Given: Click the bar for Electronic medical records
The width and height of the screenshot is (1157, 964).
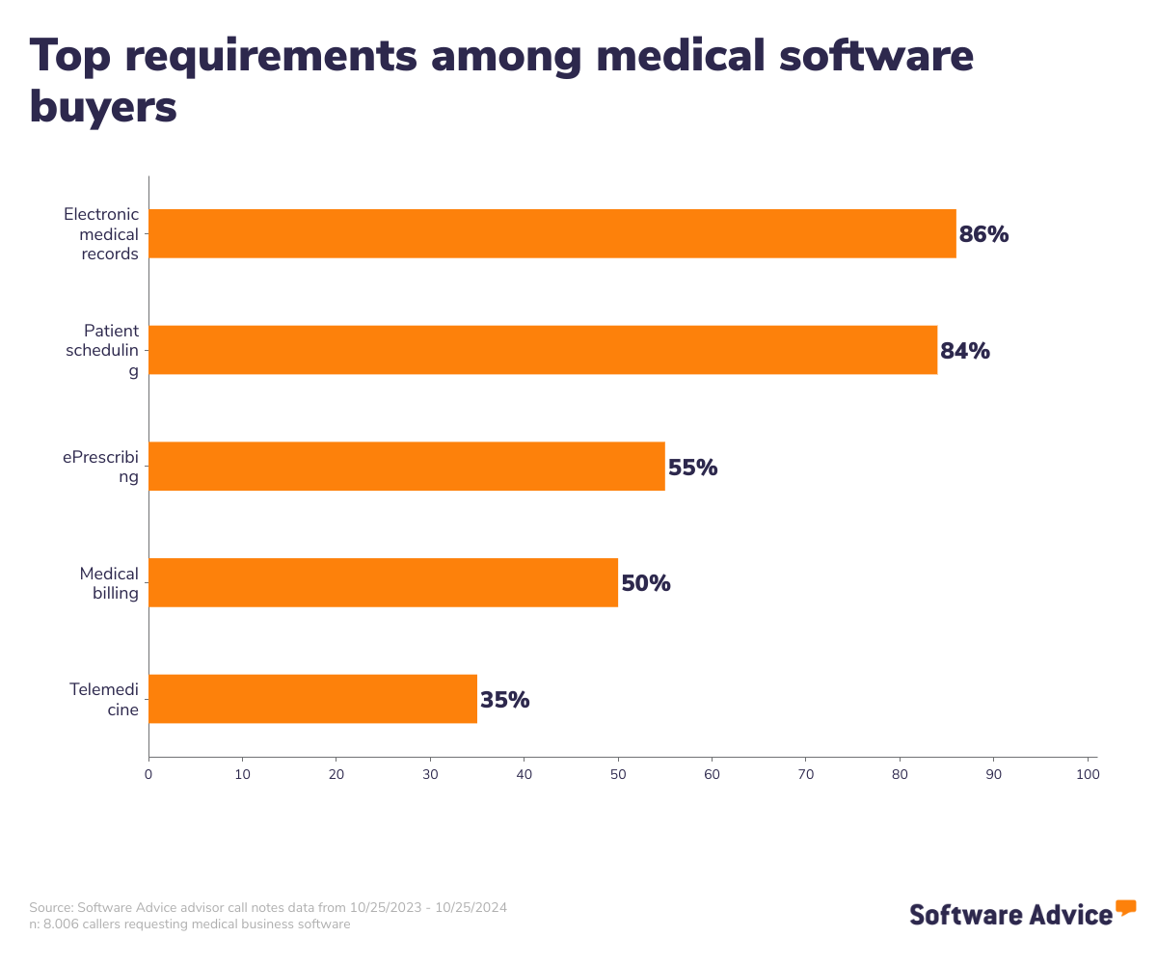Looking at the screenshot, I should tap(552, 233).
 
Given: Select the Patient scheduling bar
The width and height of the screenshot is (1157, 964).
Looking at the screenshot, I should tap(543, 350).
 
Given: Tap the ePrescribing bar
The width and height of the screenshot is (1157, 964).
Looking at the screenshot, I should tap(407, 467).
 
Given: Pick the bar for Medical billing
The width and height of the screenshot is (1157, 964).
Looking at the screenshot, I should tap(383, 582).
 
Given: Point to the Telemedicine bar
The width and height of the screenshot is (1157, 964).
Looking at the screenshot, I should tap(312, 699).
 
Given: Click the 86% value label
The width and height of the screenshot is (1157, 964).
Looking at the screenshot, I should tap(983, 234).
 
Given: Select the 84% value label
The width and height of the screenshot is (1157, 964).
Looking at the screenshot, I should tap(965, 351).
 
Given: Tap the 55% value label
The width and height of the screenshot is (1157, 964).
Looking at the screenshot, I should tap(692, 468).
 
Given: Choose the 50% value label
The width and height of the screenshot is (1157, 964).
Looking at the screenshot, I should tap(645, 583).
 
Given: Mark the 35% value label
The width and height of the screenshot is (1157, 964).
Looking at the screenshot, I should tap(504, 700).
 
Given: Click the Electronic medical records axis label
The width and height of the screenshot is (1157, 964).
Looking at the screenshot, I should tap(101, 234).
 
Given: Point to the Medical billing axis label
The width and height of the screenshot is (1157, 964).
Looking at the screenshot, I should tap(109, 583).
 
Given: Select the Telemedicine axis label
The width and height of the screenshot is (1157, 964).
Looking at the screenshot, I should tap(104, 700).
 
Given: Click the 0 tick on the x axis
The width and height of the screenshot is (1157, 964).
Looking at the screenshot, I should tap(148, 774).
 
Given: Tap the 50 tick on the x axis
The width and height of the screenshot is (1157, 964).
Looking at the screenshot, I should tap(618, 774).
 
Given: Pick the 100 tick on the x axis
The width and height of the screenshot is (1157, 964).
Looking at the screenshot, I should tap(1088, 774).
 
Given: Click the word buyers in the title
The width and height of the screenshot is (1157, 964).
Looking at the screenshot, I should tap(103, 106).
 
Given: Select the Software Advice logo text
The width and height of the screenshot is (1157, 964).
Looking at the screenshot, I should tap(1010, 914).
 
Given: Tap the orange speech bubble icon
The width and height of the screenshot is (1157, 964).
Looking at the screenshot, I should tap(1125, 907).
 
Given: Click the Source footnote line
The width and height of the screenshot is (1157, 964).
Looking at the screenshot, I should tap(268, 907).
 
